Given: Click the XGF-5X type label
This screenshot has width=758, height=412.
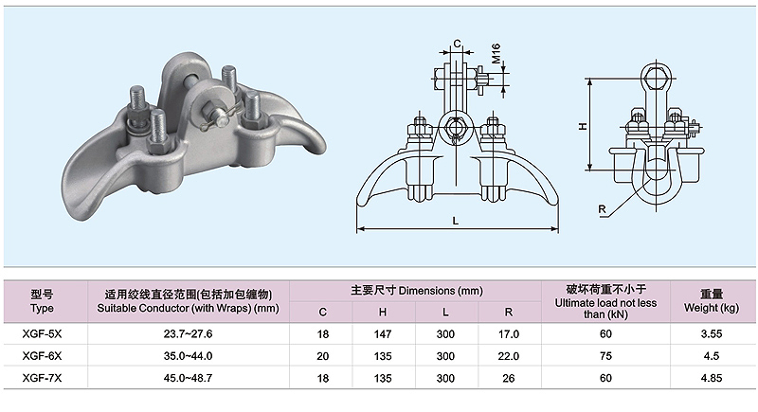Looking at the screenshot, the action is (x=42, y=333).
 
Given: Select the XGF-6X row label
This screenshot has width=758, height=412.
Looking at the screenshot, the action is (x=42, y=356).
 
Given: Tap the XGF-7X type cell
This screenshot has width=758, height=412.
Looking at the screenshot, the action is (x=42, y=378).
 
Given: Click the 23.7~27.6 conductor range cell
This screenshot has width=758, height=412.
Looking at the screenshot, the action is (x=188, y=333).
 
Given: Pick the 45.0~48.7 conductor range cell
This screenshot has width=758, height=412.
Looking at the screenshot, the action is (x=188, y=378).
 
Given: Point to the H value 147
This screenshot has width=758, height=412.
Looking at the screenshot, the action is (x=383, y=333).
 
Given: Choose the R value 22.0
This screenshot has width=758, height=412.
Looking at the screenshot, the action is (x=509, y=356).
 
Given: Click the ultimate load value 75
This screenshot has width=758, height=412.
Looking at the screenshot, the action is (x=605, y=356).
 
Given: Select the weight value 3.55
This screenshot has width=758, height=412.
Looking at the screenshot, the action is (x=712, y=333).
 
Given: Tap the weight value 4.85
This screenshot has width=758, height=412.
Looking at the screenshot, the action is (x=712, y=378).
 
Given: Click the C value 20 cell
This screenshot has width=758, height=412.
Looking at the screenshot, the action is (x=322, y=356).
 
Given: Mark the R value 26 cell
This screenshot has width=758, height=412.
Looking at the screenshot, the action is (x=509, y=378).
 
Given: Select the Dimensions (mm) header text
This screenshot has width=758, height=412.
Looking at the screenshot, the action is (x=441, y=291).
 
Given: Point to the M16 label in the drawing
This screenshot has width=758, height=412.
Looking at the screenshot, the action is (x=496, y=54).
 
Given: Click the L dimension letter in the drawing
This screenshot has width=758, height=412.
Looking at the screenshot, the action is (x=456, y=221).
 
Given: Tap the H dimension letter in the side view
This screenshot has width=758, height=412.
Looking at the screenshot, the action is (x=583, y=126).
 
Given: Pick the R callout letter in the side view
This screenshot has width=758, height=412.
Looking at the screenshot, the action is (x=602, y=209).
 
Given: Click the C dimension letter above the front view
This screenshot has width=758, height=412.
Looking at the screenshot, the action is (x=458, y=44).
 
